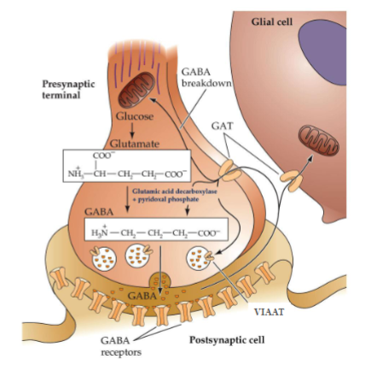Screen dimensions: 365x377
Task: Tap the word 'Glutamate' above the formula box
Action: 131,148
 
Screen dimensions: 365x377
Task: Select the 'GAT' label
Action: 223,124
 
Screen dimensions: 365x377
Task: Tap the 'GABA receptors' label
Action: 113,345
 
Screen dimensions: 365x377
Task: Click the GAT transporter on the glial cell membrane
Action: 292,180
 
